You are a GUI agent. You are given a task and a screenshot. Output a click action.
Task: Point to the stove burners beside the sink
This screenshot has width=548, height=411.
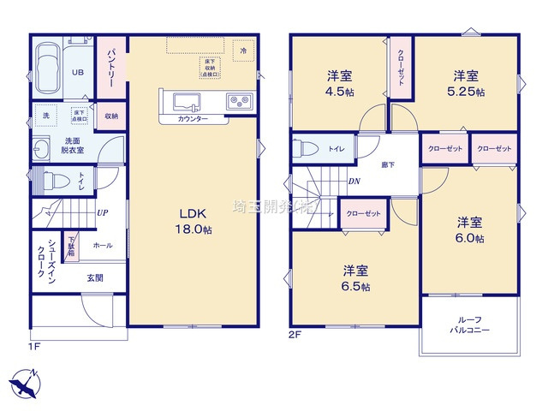pos(237,103)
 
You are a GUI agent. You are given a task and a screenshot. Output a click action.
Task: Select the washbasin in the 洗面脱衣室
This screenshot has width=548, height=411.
pos(41,146)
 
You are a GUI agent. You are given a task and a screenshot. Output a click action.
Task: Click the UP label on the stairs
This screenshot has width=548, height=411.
pos(102,213)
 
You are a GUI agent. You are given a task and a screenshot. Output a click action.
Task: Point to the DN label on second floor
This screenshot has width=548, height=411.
pos(354,181)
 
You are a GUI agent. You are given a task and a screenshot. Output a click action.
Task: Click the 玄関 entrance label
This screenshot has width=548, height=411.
pos(94,277)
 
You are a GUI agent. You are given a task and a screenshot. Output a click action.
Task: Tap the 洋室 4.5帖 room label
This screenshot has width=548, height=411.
pos(339,83)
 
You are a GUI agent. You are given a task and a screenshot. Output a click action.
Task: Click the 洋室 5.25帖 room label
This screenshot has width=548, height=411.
pos(468,83)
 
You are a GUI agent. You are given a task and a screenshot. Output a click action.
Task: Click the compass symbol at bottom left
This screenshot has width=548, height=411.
pos(24,382)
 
